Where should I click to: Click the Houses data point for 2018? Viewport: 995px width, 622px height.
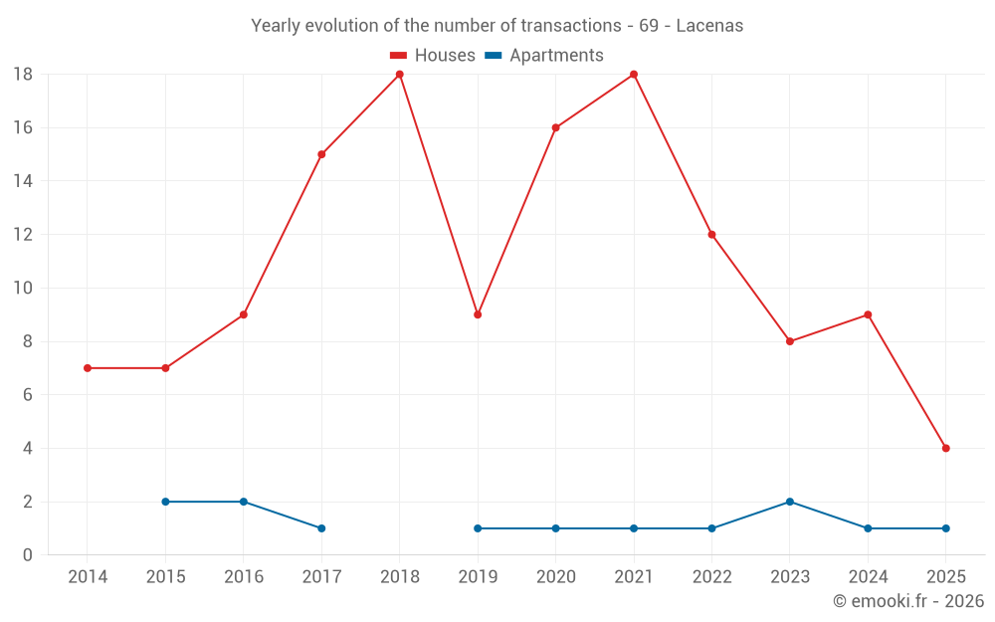tap(400, 75)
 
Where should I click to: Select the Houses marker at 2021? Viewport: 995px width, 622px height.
tap(634, 75)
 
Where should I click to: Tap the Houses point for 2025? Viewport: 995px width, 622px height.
tap(945, 448)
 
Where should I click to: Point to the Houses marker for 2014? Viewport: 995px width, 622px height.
tap(88, 368)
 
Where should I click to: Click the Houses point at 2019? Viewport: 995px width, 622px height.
tap(478, 314)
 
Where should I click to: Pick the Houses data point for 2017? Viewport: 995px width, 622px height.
tap(321, 154)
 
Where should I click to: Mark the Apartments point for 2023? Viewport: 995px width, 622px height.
tap(790, 502)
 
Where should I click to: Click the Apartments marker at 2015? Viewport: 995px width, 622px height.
tap(165, 502)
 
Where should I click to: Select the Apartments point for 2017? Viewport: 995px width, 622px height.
tap(321, 528)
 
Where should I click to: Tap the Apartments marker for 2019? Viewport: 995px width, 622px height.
tap(478, 528)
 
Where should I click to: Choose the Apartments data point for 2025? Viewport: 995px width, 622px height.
tap(945, 528)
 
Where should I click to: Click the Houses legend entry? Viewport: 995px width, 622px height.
tap(433, 56)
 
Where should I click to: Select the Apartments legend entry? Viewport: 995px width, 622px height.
tap(544, 56)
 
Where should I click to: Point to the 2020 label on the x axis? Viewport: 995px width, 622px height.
tap(555, 577)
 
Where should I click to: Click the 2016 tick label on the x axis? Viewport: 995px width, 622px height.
tap(244, 577)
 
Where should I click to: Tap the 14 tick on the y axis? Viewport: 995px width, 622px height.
tap(23, 181)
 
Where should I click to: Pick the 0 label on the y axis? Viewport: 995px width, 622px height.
tap(28, 555)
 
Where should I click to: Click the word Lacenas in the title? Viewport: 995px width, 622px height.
tap(709, 26)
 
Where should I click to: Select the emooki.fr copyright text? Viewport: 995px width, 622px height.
tap(907, 601)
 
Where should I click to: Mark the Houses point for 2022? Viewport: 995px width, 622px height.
tap(711, 235)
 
